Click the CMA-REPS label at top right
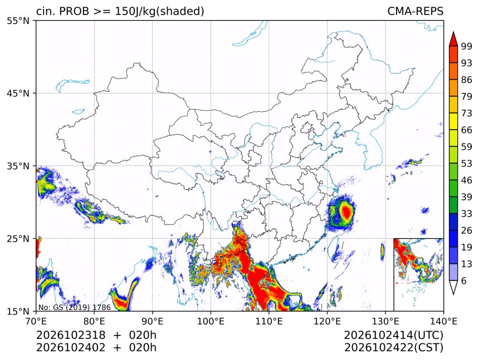(x=415, y=11)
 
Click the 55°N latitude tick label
(x=18, y=21)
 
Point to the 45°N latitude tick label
(x=18, y=93)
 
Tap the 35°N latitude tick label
(x=18, y=166)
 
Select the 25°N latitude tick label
(x=18, y=239)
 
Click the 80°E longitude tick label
(x=94, y=321)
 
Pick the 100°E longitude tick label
(x=211, y=321)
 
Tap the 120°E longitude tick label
(x=327, y=321)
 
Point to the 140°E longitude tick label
(x=443, y=321)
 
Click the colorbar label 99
(x=467, y=47)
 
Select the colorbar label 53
(x=467, y=164)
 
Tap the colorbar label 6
(x=464, y=280)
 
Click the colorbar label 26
(x=467, y=231)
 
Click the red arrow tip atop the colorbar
(x=453, y=32)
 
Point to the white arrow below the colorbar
(x=453, y=288)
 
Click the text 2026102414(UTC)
(x=393, y=336)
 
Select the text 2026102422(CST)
(x=393, y=348)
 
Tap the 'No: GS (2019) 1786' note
(x=75, y=307)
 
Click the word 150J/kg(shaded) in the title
(x=159, y=11)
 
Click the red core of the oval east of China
(x=346, y=212)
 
